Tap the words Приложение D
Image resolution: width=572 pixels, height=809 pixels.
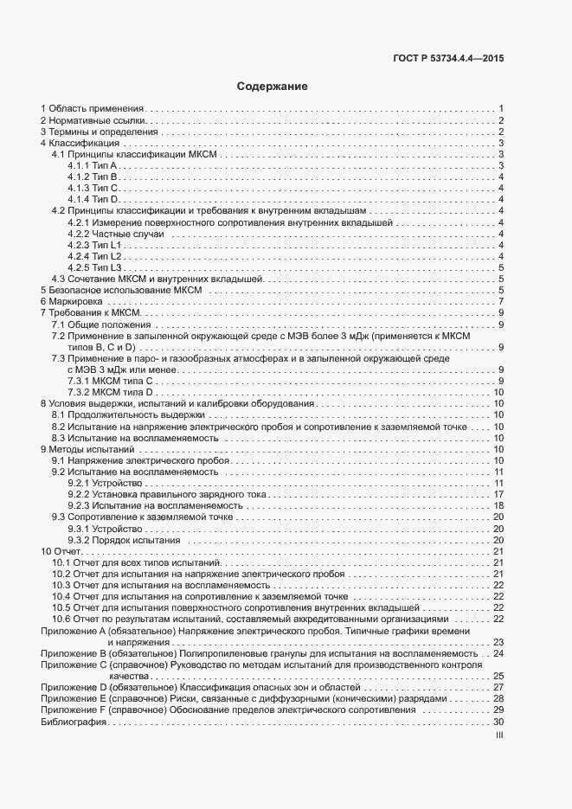coord(72,687)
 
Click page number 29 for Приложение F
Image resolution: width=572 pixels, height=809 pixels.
coord(498,709)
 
